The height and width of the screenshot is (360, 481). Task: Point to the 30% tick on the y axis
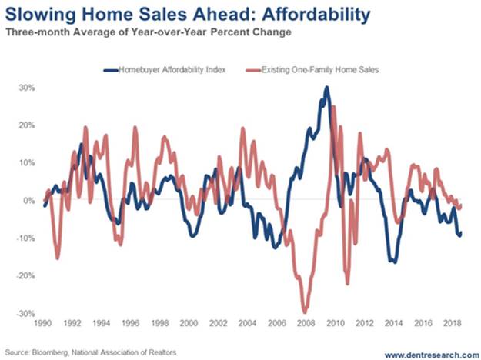pyautogui.click(x=25, y=88)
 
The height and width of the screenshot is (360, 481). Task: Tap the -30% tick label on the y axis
pyautogui.click(x=24, y=313)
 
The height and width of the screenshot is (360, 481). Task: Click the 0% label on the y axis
pyautogui.click(x=28, y=200)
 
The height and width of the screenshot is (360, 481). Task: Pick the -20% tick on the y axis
pyautogui.click(x=24, y=275)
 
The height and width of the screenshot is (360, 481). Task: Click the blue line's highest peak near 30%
pyautogui.click(x=327, y=88)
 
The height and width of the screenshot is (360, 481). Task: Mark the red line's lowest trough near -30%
pyautogui.click(x=306, y=310)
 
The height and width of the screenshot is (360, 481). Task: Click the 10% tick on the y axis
pyautogui.click(x=25, y=163)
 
